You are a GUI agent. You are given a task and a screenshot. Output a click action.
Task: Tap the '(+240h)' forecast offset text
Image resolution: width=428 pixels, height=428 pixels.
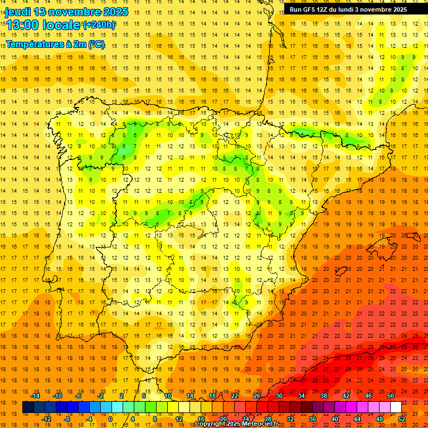[x=99, y=25]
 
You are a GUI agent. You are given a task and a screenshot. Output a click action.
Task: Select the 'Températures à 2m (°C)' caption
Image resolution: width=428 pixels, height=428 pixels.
[x=55, y=44]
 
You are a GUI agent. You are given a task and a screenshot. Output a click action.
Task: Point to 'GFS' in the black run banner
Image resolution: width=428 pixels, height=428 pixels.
[x=310, y=9]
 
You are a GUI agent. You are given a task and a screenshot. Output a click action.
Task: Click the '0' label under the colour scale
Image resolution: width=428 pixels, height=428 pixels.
[x=110, y=419]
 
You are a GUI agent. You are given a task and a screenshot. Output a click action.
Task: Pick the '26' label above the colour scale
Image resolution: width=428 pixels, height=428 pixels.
[x=257, y=396]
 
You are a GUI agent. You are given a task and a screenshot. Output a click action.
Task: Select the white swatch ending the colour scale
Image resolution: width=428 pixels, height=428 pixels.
[x=396, y=407]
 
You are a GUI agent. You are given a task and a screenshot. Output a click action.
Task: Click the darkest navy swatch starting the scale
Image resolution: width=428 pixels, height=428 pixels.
[x=28, y=407]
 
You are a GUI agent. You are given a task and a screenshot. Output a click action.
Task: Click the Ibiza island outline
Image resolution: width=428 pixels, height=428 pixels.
[x=341, y=271]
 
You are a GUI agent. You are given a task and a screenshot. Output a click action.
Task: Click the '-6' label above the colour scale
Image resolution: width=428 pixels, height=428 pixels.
[x=79, y=396]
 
